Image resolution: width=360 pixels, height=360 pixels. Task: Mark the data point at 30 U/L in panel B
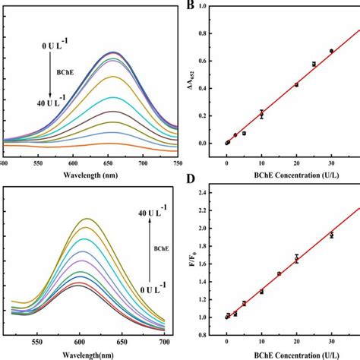click(x=331, y=51)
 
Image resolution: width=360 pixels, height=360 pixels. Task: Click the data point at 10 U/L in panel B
click(x=261, y=114)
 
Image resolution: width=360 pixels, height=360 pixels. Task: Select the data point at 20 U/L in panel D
click(x=296, y=258)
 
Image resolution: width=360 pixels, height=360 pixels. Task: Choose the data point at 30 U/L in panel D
click(x=331, y=235)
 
